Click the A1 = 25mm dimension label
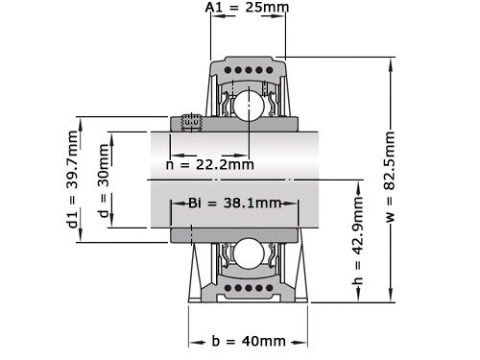(247, 9)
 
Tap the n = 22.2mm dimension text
(209, 163)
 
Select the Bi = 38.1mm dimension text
(234, 203)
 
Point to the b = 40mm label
(248, 341)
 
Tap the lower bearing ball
(248, 254)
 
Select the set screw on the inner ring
(191, 122)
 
